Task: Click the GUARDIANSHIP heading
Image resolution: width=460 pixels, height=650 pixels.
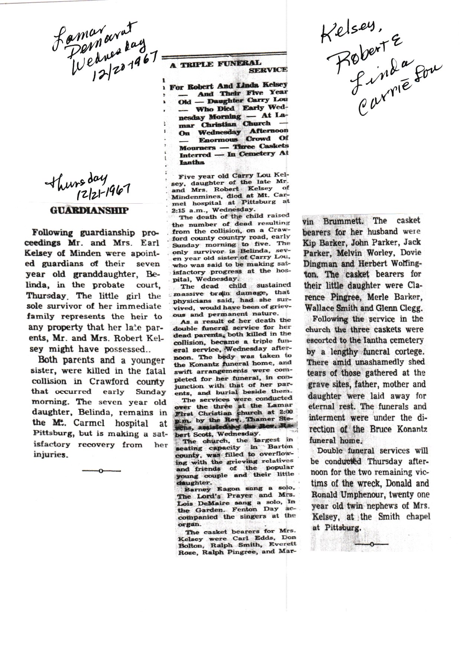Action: (89, 211)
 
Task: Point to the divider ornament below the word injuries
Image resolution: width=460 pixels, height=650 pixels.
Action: (101, 471)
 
